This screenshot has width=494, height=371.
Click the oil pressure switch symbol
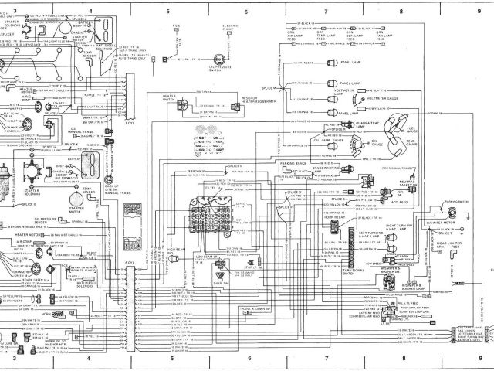coord(223,60)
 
